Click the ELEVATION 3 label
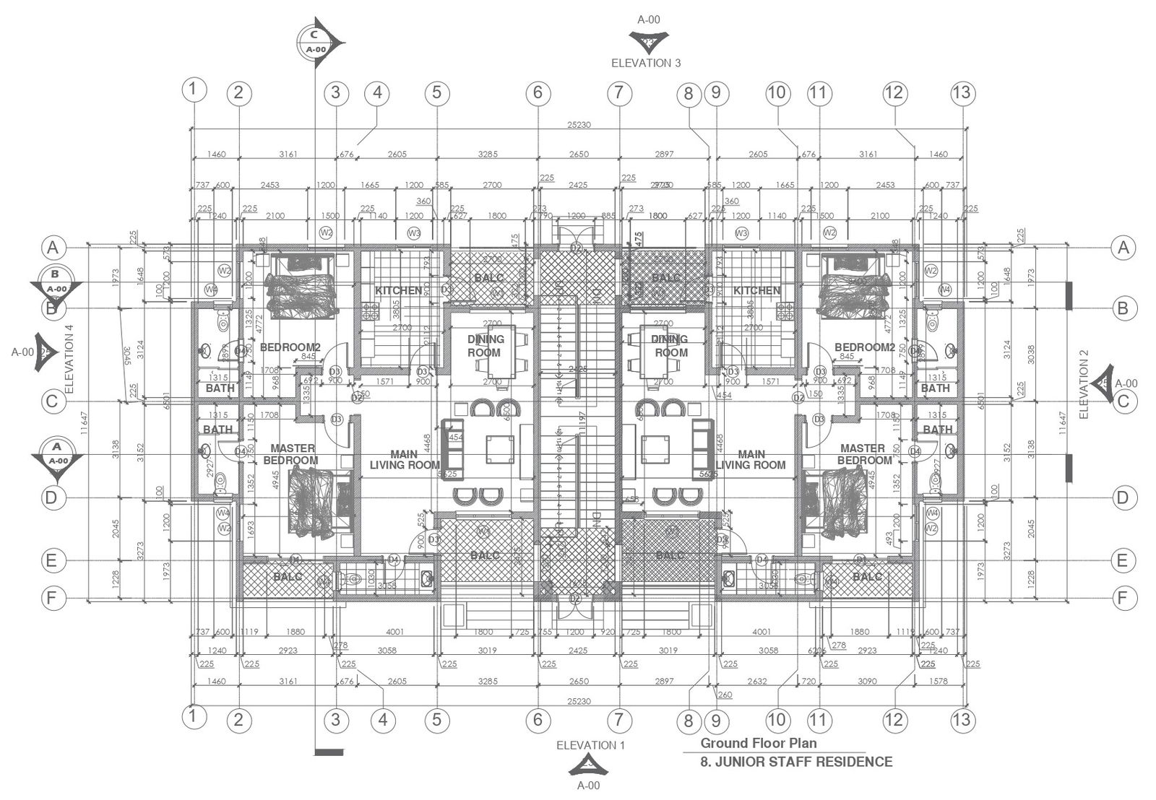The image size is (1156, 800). click(x=646, y=63)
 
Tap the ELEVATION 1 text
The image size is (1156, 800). click(x=590, y=745)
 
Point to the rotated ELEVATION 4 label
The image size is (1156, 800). click(x=69, y=358)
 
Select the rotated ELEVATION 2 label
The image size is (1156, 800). click(x=1083, y=384)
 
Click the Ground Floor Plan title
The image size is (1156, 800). click(x=759, y=743)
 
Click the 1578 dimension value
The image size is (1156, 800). click(x=937, y=681)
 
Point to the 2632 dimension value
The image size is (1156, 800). click(x=757, y=681)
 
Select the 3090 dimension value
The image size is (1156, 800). click(x=867, y=681)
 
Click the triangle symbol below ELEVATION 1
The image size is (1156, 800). click(x=588, y=765)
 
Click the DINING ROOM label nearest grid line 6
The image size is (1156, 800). click(x=485, y=346)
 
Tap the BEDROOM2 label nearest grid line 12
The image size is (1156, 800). click(x=865, y=347)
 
